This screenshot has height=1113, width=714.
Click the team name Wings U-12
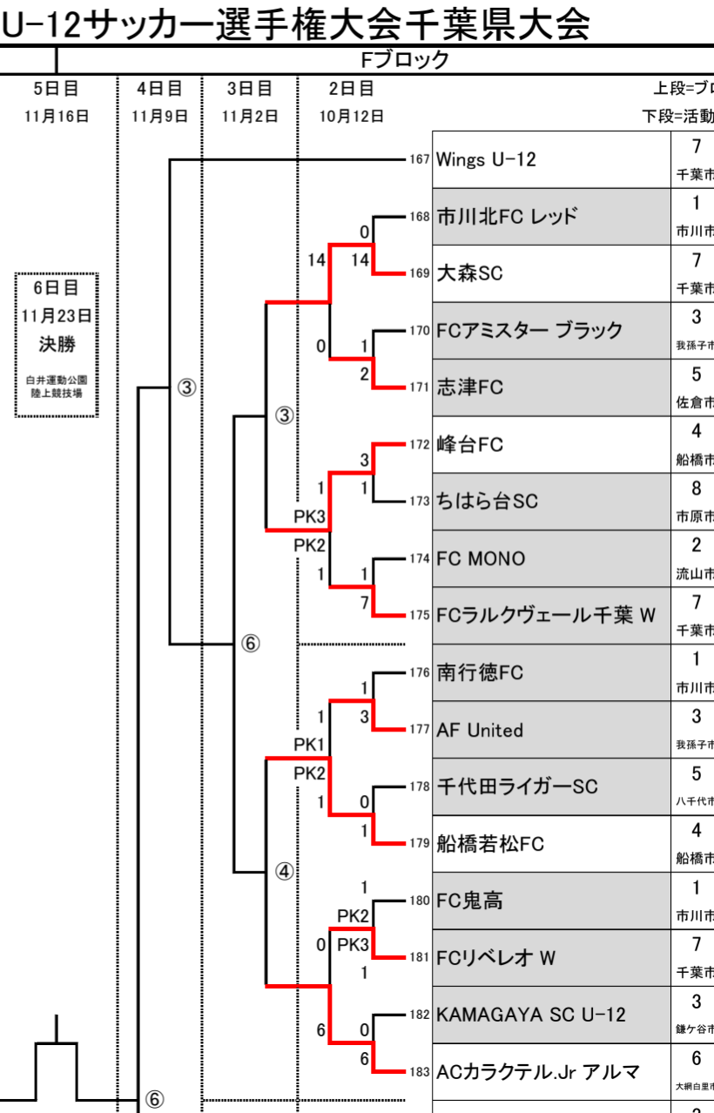486,160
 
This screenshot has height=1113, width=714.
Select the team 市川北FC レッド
506,217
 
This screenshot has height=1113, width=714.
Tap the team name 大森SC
469,273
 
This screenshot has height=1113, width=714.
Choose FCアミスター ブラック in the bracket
529,331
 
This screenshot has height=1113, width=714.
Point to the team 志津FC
469,388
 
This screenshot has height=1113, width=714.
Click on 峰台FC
469,445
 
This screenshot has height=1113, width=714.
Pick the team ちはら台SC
487,502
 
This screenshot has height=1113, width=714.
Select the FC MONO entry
481,559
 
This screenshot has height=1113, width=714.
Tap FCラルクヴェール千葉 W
546,616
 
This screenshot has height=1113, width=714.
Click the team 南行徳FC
480,673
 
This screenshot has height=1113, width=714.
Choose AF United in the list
480,730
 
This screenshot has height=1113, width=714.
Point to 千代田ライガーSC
517,786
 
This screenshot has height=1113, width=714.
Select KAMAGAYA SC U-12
530,1015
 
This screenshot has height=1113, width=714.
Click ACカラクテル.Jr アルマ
538,1072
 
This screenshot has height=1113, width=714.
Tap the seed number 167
420,160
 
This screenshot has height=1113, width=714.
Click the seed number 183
420,1072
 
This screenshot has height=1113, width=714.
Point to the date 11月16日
57,117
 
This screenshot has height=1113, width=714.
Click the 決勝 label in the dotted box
57,344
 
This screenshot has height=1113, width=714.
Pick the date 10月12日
351,117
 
